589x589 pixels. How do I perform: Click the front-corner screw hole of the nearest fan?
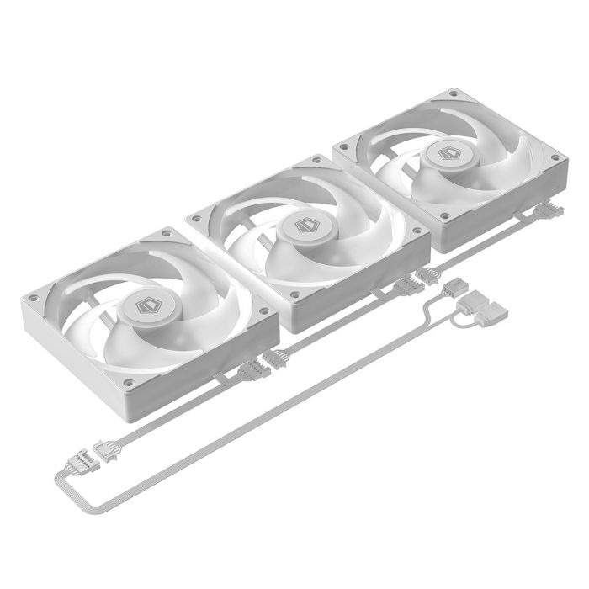point(128,383)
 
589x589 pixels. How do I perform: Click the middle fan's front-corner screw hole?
point(297,294)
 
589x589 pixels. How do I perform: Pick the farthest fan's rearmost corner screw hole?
point(454,93)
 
